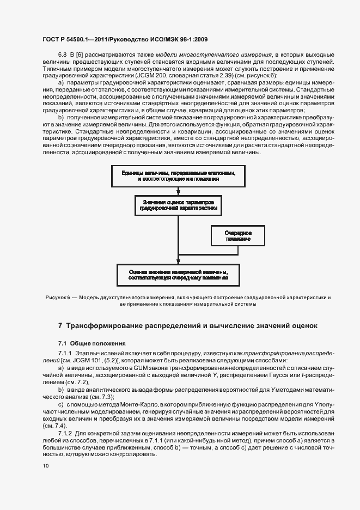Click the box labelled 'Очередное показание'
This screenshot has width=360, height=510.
[x=237, y=235]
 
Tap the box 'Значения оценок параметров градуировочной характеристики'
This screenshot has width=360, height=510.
[x=179, y=205]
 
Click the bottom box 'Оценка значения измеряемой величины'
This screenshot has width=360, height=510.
[x=179, y=274]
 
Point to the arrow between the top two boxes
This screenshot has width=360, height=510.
[x=179, y=189]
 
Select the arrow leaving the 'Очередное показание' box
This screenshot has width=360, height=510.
[x=237, y=251]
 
